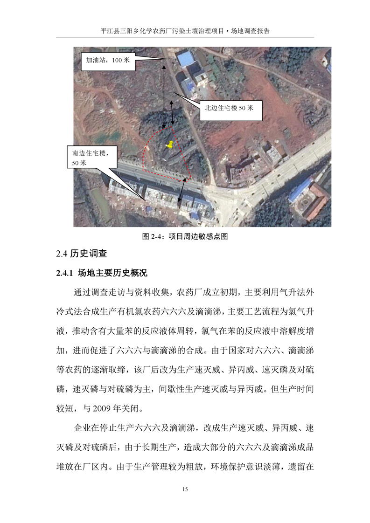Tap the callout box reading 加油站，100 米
pos(108,61)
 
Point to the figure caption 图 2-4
pos(185,236)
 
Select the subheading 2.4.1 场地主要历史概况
pos(102,273)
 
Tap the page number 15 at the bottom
pos(185,489)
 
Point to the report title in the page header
pos(185,31)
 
